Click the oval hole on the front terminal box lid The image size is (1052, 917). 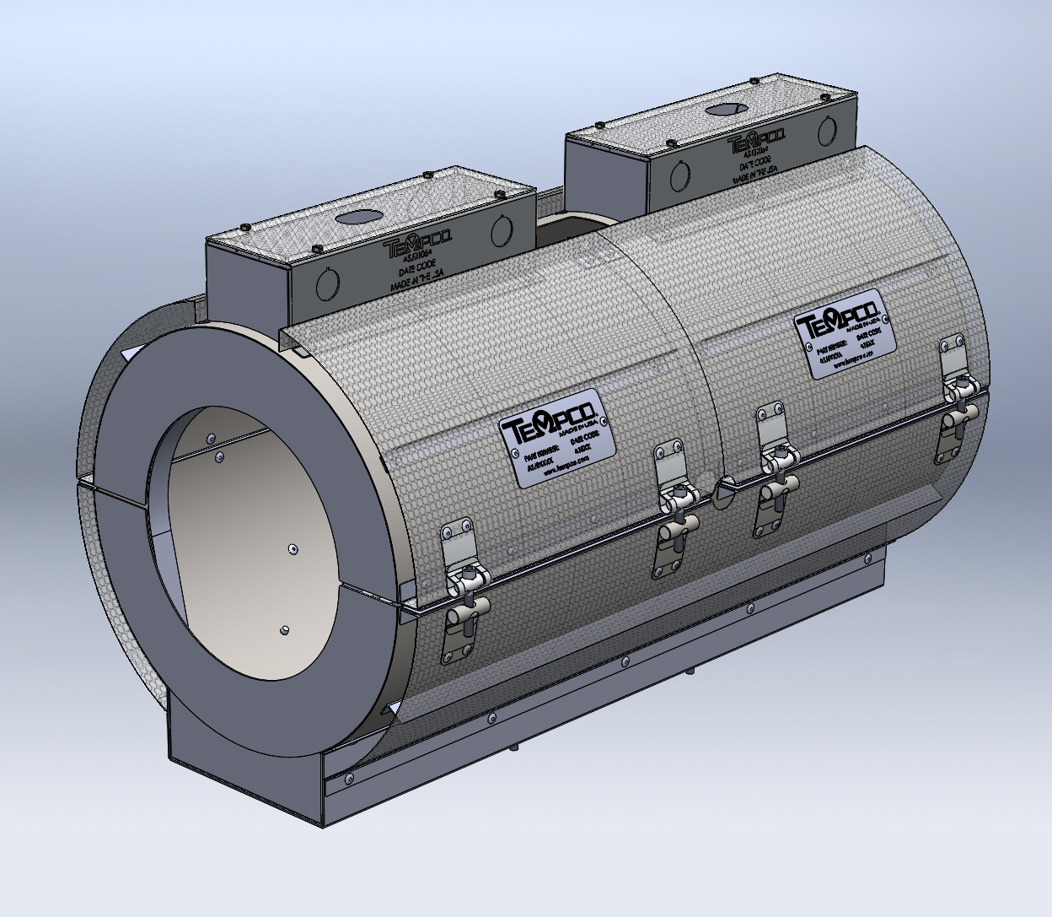(357, 216)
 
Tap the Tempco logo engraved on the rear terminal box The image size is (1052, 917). (756, 140)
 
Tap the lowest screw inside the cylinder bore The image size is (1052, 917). (284, 630)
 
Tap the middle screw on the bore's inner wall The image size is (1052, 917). (291, 548)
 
